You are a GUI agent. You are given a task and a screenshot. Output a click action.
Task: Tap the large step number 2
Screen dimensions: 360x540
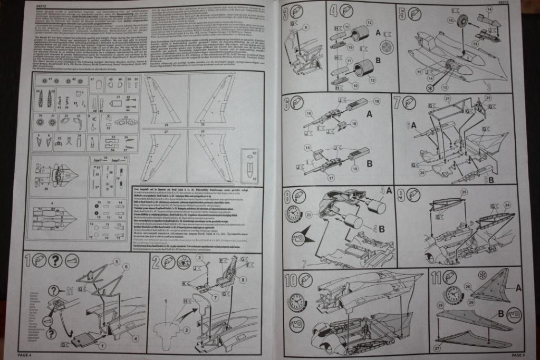(156, 261)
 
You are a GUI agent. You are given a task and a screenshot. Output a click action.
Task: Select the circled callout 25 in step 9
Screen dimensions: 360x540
(464, 193)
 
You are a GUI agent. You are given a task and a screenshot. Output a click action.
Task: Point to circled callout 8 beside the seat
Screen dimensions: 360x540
(243, 280)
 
